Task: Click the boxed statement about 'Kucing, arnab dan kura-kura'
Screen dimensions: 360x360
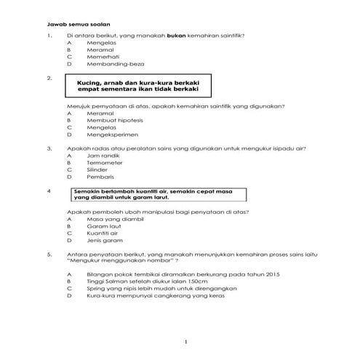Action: click(143, 87)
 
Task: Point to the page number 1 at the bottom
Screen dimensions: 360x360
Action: click(186, 341)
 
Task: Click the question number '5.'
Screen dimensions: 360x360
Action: click(49, 255)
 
